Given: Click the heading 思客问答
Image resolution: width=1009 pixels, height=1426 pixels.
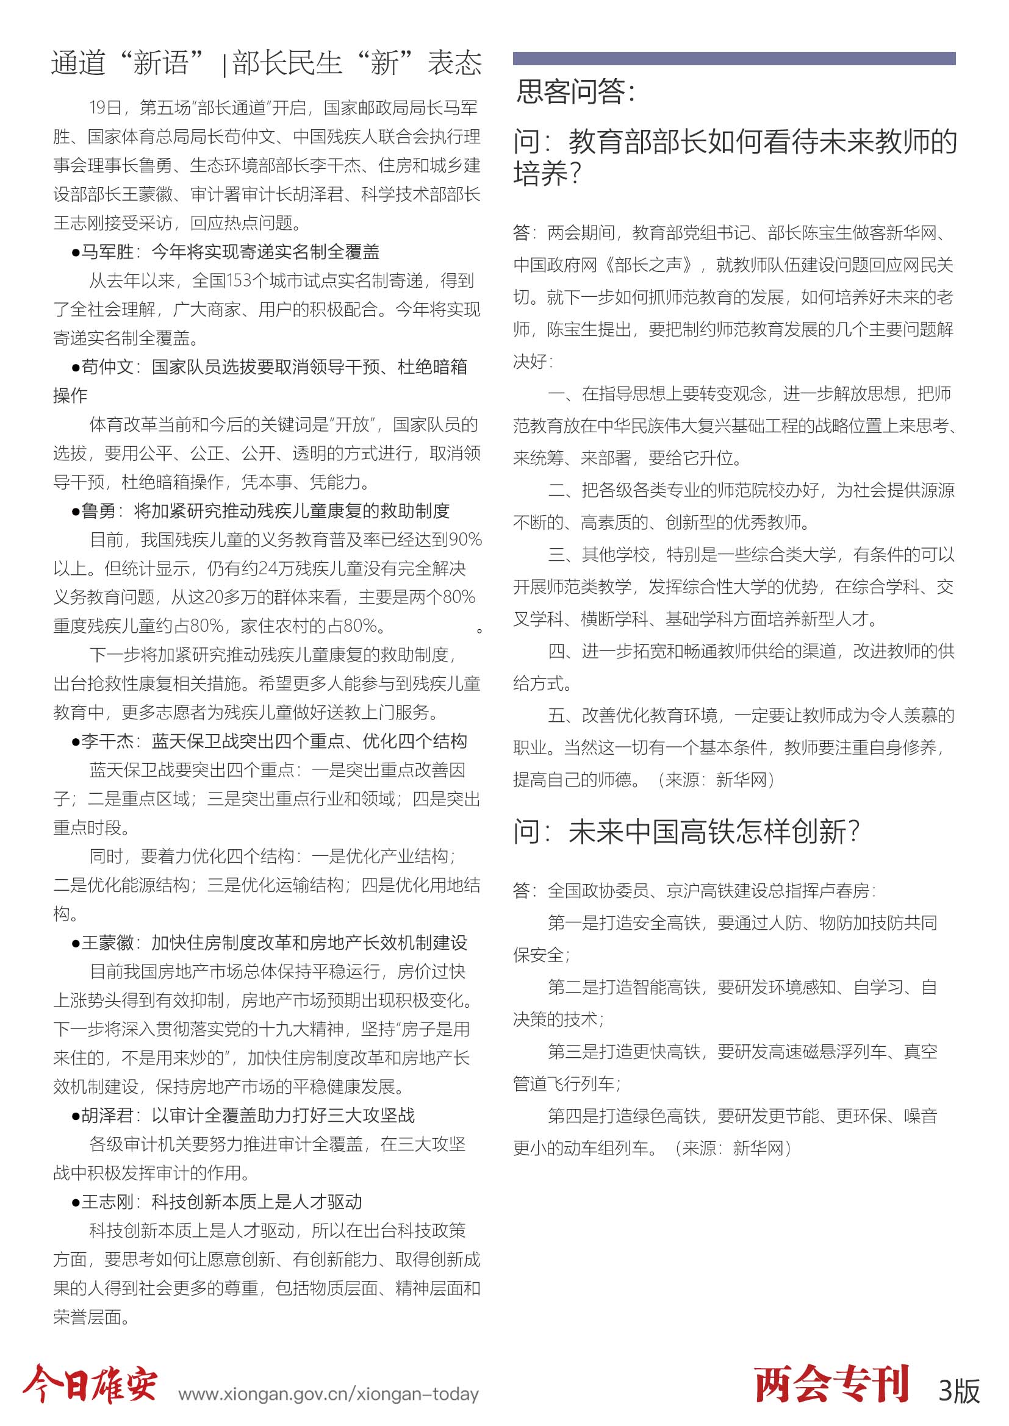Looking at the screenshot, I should pyautogui.click(x=576, y=91).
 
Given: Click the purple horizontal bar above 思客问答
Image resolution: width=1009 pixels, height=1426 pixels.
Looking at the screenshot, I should pyautogui.click(x=734, y=59).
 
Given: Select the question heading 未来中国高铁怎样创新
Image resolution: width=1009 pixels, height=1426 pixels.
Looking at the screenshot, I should pyautogui.click(x=686, y=832).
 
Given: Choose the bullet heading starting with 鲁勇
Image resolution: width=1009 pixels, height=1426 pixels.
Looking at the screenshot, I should pyautogui.click(x=260, y=510).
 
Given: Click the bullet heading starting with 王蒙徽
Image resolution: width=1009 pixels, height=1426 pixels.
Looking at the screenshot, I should pyautogui.click(x=269, y=942).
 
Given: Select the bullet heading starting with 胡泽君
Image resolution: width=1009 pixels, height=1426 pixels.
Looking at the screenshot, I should pyautogui.click(x=243, y=1115).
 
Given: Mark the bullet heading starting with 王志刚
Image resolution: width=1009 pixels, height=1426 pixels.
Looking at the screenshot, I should pyautogui.click(x=217, y=1201).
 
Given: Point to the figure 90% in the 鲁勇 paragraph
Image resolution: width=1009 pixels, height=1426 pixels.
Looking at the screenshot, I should pyautogui.click(x=465, y=540).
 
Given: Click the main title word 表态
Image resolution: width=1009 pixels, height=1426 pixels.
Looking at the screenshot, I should pyautogui.click(x=454, y=63).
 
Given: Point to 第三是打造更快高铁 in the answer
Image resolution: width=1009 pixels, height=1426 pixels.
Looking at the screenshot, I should pyautogui.click(x=624, y=1051).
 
